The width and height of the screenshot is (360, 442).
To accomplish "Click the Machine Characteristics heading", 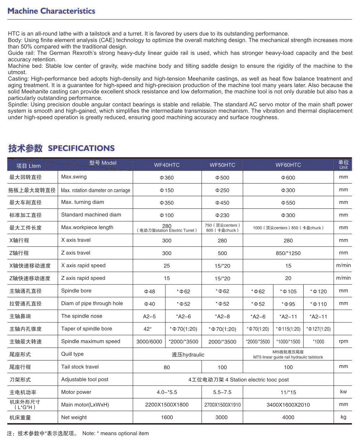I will point(51,11).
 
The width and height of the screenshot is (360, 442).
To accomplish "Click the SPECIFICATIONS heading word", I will point(81,148).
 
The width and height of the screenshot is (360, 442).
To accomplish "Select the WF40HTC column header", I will point(167,165).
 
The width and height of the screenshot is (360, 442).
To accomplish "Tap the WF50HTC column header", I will point(222,165).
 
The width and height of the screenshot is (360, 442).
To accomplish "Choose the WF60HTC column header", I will point(288,165).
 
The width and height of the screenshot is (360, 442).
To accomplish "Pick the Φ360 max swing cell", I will point(167,178).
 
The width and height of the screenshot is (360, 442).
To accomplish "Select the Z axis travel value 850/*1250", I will point(288,253).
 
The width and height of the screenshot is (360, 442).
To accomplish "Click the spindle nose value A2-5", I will point(149,317).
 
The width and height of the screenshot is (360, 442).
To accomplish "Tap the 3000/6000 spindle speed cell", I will point(149,342).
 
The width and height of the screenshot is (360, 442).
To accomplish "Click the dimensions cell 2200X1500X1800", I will point(167,405).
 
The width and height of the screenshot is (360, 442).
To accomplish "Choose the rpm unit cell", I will point(343,341).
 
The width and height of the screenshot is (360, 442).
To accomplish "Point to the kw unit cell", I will point(343,392).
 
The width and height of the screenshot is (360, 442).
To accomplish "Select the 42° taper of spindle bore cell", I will point(148,329).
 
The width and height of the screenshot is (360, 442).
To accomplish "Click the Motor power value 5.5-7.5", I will point(222,392).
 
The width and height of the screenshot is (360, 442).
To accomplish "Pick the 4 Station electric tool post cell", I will point(238,380).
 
